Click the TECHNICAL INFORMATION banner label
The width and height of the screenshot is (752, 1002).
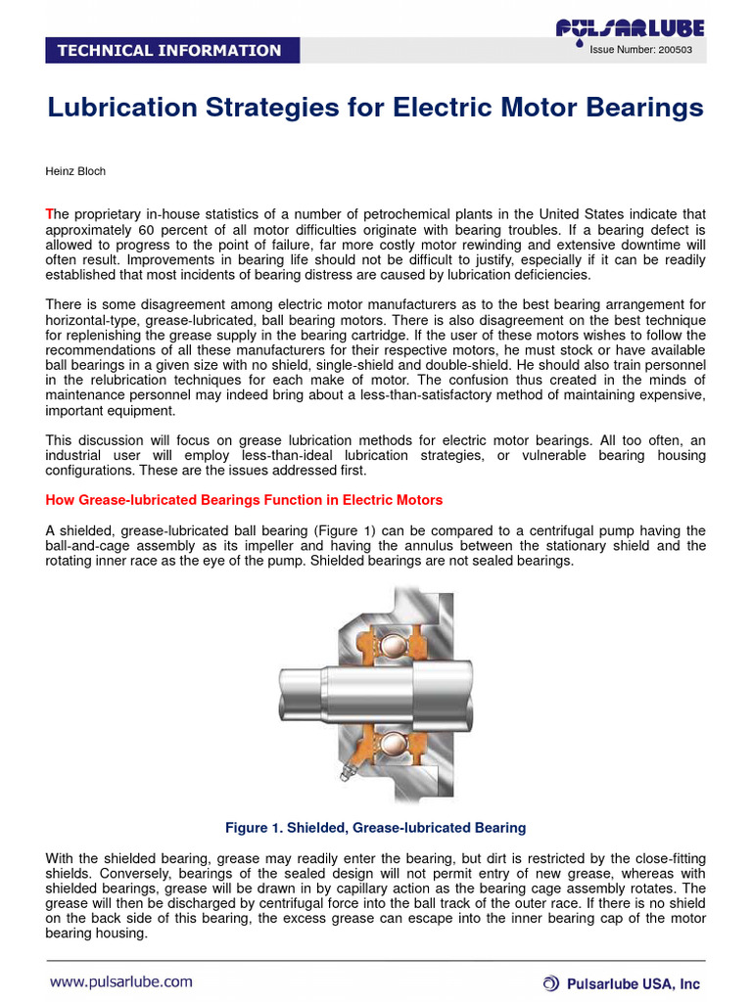pyautogui.click(x=169, y=50)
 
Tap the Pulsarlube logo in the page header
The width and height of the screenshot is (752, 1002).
pyautogui.click(x=630, y=29)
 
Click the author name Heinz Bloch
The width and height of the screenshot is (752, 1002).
pyautogui.click(x=75, y=171)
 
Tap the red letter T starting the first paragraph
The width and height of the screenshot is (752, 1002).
pyautogui.click(x=50, y=214)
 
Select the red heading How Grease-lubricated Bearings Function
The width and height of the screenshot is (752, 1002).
pyautogui.click(x=244, y=500)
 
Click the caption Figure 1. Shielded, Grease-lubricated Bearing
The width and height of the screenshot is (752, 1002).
pyautogui.click(x=375, y=828)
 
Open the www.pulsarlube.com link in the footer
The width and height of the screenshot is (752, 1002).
pyautogui.click(x=121, y=981)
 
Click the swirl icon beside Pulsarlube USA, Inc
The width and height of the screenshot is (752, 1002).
pyautogui.click(x=552, y=982)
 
